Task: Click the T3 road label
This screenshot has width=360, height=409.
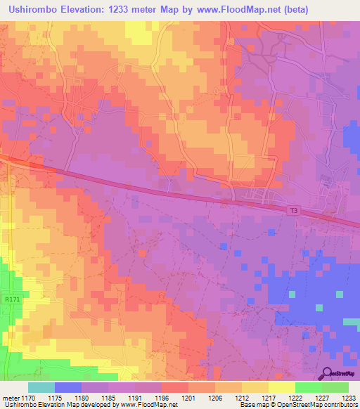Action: [292, 209]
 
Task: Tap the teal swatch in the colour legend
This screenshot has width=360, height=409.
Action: [41, 387]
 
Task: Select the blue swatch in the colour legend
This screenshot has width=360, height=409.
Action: [68, 387]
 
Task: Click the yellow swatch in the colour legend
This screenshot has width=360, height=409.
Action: [281, 387]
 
